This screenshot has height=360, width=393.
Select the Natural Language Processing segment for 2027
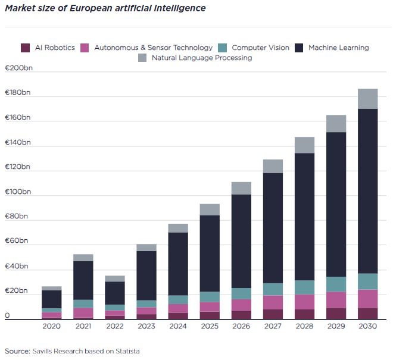[273, 166]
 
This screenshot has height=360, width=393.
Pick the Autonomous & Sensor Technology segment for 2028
[304, 302]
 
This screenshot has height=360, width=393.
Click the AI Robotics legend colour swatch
[26, 48]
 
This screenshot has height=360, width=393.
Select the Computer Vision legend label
[260, 48]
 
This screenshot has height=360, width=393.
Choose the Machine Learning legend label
[338, 48]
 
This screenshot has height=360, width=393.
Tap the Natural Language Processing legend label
[202, 58]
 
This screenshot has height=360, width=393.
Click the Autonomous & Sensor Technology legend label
[153, 48]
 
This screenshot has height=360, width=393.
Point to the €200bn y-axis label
[17, 68]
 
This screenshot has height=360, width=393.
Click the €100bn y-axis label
[17, 192]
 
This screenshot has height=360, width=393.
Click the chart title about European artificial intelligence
[105, 8]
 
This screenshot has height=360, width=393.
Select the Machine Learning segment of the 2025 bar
[210, 253]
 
